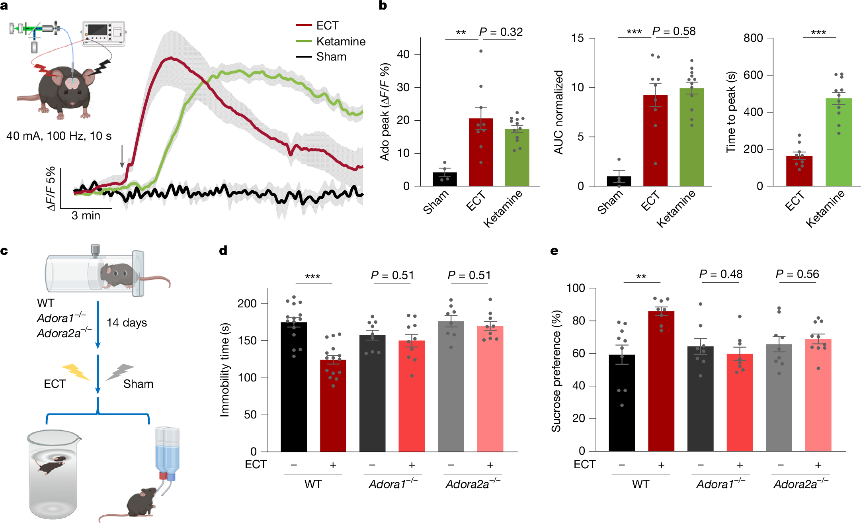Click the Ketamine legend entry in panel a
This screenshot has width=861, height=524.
click(x=340, y=41)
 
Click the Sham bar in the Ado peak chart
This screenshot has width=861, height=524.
click(x=445, y=179)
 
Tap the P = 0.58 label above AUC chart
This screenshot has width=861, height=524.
click(x=674, y=31)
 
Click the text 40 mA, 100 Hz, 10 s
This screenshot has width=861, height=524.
click(x=59, y=136)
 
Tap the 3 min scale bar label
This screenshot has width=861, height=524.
click(x=86, y=215)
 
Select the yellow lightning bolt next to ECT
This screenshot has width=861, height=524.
click(x=76, y=371)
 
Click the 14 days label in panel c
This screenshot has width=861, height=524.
click(x=127, y=323)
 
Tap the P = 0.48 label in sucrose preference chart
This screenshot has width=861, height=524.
click(x=720, y=274)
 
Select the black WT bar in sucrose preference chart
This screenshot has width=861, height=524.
click(x=622, y=403)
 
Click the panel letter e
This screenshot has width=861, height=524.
click(x=554, y=251)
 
